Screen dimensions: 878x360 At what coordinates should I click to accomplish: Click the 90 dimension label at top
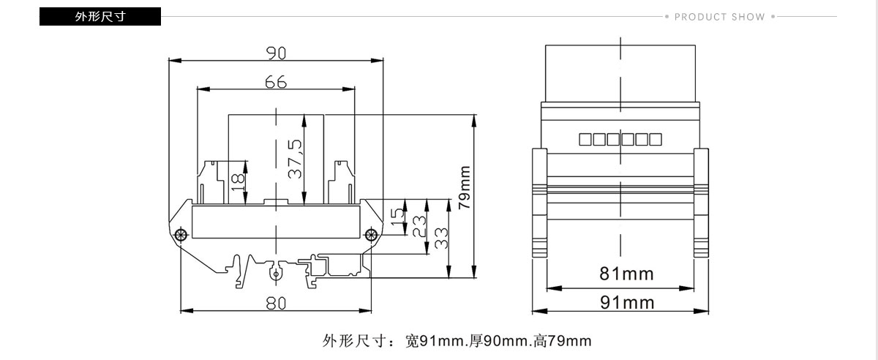[276, 53]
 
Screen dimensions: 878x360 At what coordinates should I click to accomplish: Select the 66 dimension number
[276, 82]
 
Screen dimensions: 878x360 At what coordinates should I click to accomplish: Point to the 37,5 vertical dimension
[295, 159]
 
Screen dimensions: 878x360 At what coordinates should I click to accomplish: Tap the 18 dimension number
[238, 183]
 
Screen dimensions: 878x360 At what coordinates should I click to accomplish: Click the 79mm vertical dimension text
[465, 187]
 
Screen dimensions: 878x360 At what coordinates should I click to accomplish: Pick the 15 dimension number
[397, 216]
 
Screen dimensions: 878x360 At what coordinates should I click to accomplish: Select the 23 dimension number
[419, 227]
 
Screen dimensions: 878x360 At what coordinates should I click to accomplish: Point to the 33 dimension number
[441, 239]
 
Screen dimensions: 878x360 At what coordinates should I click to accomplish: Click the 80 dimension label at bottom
[276, 303]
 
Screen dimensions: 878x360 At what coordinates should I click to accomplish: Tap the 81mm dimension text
[626, 274]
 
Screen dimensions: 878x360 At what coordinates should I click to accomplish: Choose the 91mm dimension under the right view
[627, 303]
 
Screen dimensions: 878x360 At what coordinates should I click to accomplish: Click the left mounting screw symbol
[180, 235]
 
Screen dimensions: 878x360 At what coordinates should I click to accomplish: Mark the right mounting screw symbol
[371, 236]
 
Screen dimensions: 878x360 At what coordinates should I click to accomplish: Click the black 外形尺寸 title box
[100, 17]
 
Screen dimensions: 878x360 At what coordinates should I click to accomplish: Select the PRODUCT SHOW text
[720, 17]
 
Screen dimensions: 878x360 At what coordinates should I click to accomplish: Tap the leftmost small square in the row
[585, 140]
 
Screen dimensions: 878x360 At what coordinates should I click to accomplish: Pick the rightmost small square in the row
[656, 140]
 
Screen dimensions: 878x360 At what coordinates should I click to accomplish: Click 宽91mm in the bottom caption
[436, 341]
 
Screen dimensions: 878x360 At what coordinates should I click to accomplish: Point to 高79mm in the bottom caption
[562, 341]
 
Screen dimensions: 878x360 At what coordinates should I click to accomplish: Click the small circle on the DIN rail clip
[276, 274]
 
